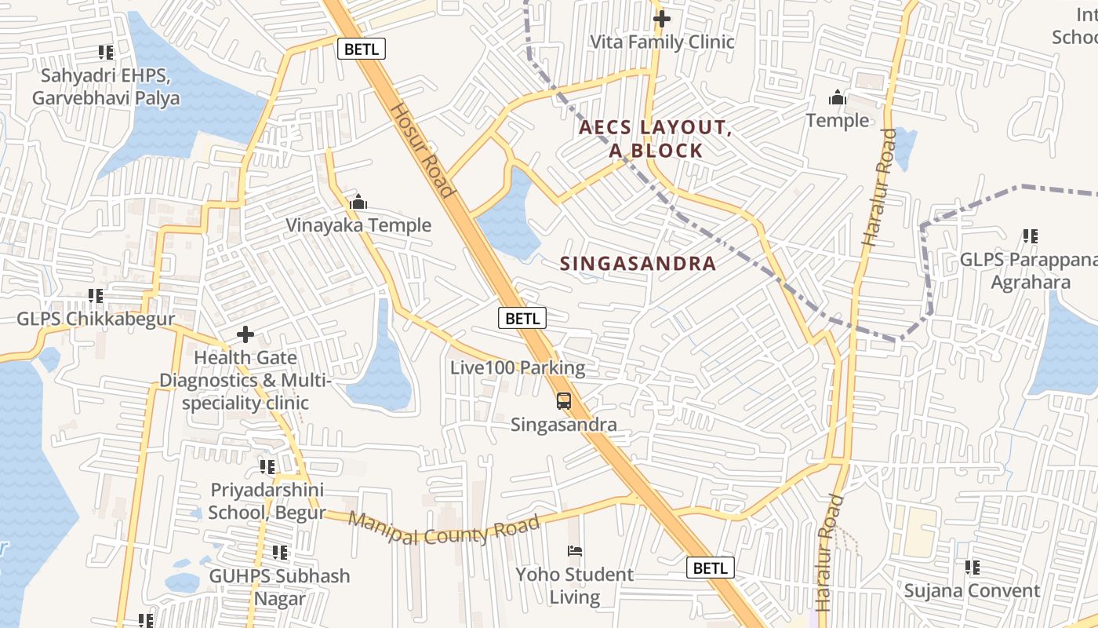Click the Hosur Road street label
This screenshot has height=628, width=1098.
pos(422,150)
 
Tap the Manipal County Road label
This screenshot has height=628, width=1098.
pos(444,529)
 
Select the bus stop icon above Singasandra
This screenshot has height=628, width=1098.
pos(563,401)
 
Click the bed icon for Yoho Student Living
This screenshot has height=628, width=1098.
pos(575,551)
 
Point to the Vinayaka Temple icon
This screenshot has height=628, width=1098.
pos(358,203)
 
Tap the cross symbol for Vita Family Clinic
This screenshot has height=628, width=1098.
pos(662,19)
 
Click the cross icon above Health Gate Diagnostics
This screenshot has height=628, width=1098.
pos(245,335)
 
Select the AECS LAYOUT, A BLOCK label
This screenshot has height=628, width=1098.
pos(656,139)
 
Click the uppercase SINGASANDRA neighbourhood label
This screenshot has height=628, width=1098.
pos(638,264)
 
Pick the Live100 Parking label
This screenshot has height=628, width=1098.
pos(518,367)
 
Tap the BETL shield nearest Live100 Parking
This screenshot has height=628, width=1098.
pos(522,318)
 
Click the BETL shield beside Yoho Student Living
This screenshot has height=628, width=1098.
pos(711,568)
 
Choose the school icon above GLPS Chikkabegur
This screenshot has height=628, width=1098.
pos(96,296)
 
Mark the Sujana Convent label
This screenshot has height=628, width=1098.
pos(972,590)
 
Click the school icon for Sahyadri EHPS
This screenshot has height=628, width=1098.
pos(106,53)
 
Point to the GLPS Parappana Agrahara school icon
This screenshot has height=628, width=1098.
pos(1030,235)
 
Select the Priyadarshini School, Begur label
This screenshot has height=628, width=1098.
pos(267,502)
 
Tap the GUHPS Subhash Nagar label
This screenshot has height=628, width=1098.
pos(279,587)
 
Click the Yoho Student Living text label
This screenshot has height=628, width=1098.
pos(574,586)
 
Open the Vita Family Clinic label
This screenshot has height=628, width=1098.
pos(662,42)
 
